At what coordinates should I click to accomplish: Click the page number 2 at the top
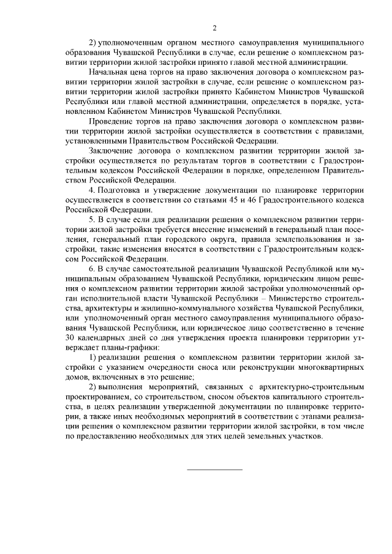215,28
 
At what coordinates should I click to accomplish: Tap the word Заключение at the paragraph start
110,151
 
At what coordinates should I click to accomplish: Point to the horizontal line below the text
214,470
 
